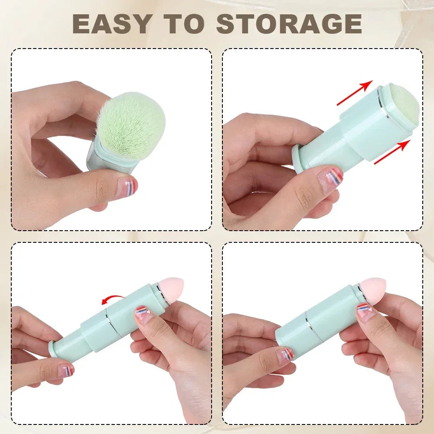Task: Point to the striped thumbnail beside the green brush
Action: [x=127, y=187]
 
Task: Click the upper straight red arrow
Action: [x=355, y=93]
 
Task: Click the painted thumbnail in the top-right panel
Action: [x=330, y=177]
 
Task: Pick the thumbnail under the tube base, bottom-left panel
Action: [x=66, y=370]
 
